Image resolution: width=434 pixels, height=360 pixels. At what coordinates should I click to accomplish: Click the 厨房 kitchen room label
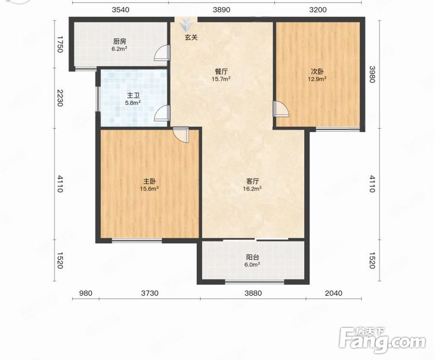pos(119,42)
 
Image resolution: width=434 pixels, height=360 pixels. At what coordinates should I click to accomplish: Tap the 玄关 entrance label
pos(191,37)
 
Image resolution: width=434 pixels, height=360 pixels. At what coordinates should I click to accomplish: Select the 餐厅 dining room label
pos(221,72)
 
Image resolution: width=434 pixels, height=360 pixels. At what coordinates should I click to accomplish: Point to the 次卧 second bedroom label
pos(317,72)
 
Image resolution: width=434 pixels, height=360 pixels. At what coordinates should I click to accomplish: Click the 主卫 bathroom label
pos(133,96)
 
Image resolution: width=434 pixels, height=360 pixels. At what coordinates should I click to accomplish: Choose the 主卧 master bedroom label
pos(150,181)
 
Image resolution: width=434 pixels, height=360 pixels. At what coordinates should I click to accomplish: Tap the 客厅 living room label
pos(252,181)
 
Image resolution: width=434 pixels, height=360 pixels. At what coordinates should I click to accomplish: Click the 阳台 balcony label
pos(252,257)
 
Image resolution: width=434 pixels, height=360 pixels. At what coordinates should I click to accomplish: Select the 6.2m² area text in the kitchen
pos(119,48)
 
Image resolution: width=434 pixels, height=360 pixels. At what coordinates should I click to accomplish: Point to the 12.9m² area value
pos(317,79)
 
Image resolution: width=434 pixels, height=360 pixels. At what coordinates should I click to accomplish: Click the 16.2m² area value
pos(252,189)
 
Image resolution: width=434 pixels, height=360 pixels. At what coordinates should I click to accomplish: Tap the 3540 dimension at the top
pos(120,10)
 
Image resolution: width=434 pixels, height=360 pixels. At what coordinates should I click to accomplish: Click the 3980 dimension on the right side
pos(372,74)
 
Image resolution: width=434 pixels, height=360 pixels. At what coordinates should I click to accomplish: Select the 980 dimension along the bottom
pos(86,293)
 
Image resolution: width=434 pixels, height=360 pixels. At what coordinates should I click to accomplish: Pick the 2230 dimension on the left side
pos(60,98)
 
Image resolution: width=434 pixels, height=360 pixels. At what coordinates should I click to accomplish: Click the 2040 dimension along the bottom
pos(333,293)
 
